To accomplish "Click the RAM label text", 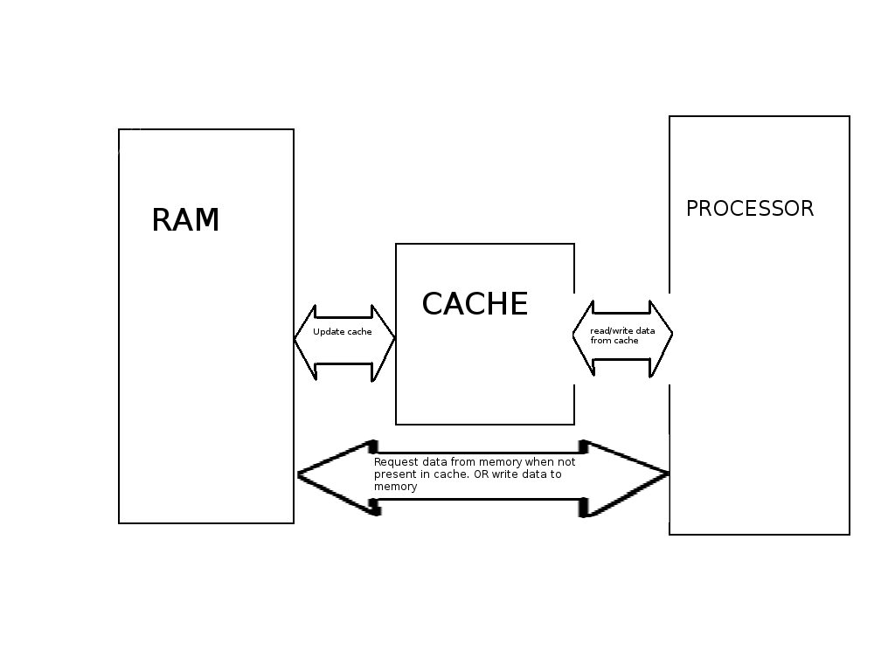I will point(185,220).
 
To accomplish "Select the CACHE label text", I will point(475,304).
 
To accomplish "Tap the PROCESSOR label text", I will point(750,209).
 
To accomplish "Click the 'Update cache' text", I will point(343,332).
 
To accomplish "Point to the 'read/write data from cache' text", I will point(622,335).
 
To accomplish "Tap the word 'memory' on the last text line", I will point(395,487).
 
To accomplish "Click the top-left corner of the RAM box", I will point(119,129).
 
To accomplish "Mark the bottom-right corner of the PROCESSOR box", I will point(849,534).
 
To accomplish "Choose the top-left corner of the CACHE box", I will point(396,244).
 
